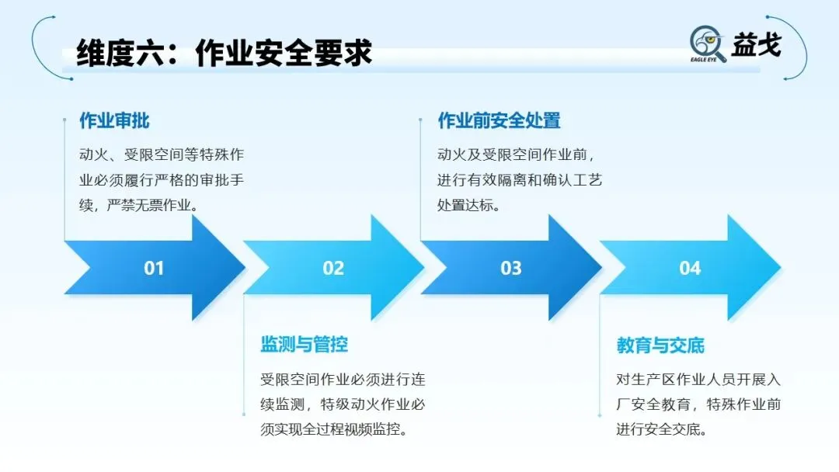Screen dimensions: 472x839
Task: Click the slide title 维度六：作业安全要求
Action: (x=225, y=53)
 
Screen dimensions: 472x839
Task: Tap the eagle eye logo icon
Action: (x=707, y=42)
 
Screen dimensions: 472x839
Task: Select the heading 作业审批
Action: (x=114, y=121)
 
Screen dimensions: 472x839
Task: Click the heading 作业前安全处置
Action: (x=499, y=121)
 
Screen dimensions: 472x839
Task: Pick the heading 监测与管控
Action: (x=304, y=345)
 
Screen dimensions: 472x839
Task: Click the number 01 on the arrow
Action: (x=154, y=269)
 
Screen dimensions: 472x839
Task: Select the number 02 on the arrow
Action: (x=333, y=269)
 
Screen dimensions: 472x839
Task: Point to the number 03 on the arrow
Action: (x=511, y=269)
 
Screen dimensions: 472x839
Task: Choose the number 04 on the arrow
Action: (x=690, y=269)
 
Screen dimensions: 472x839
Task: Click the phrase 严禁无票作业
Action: (x=152, y=206)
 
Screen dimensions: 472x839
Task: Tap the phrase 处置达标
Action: (x=468, y=206)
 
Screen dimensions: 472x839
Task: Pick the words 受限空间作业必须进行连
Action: (x=342, y=380)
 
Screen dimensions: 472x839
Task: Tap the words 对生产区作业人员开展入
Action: (x=698, y=380)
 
